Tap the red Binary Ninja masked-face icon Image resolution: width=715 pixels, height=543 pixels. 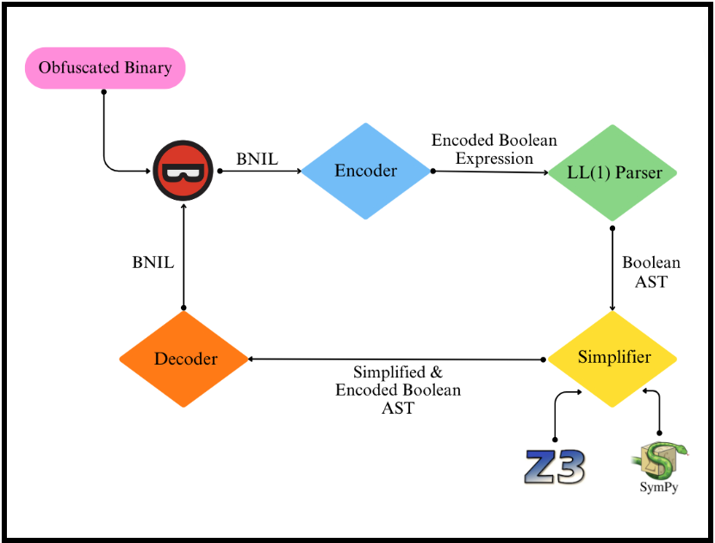[x=183, y=172]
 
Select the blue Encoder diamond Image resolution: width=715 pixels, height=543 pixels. [x=366, y=171]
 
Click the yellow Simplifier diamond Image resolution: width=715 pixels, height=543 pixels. [x=613, y=358]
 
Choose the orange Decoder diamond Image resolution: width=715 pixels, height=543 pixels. [x=184, y=359]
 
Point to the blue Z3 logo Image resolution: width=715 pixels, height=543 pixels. [x=555, y=466]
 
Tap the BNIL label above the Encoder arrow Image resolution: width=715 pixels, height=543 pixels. [x=257, y=159]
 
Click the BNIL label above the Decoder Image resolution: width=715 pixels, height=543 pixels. [x=152, y=262]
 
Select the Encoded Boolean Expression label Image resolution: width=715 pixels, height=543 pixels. [x=494, y=149]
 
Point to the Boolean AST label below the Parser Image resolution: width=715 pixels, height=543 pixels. [x=651, y=271]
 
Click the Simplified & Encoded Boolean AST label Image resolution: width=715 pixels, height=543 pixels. [x=398, y=390]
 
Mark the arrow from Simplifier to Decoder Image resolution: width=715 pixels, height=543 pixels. [x=396, y=359]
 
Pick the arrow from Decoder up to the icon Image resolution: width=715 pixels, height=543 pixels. [x=183, y=259]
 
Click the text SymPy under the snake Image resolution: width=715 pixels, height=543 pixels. [x=659, y=488]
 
